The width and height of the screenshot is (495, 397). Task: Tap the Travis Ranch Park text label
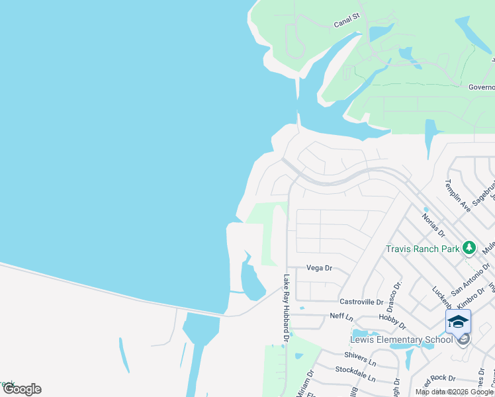click(423, 249)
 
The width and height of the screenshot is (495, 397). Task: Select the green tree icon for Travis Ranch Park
click(469, 248)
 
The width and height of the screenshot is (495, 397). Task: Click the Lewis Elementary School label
click(401, 340)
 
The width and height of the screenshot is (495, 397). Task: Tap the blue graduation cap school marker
click(458, 322)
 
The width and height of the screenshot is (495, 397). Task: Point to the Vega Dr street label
click(318, 268)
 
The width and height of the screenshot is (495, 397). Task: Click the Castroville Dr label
click(361, 302)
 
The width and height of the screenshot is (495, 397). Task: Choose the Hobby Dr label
click(393, 322)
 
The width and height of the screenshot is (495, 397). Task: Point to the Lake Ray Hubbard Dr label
click(287, 308)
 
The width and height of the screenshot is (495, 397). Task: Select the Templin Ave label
click(457, 196)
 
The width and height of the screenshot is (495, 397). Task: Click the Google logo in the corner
click(22, 389)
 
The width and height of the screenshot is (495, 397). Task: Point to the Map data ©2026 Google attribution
click(454, 392)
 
